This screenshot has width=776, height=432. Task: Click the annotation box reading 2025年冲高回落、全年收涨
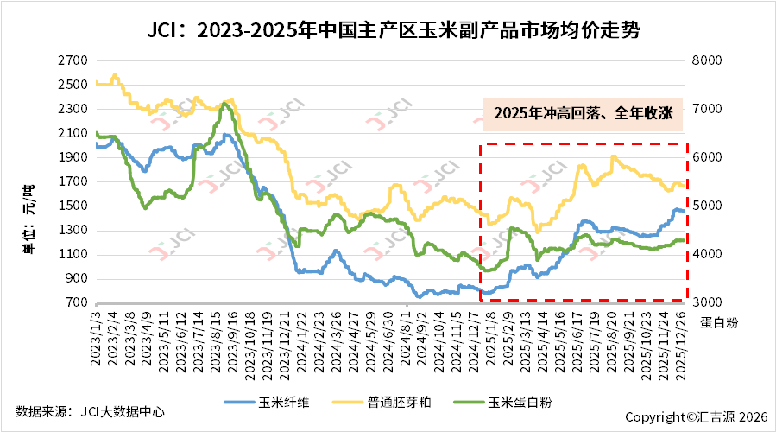pos(583,112)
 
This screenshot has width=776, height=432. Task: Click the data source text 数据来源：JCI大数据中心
pos(90,412)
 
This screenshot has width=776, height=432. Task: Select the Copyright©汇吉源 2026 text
pos(696,416)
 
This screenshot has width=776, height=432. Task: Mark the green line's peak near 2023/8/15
pos(224,104)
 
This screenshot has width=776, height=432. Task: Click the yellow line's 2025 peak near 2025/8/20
pos(613,156)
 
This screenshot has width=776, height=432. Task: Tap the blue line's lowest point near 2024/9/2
pos(420,296)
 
